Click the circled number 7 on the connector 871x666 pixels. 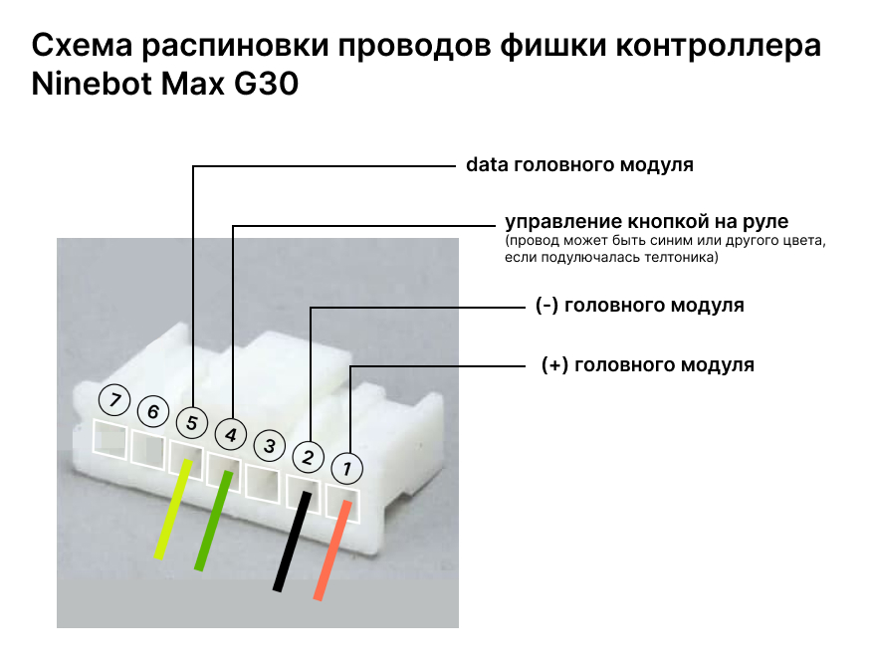click(x=115, y=402)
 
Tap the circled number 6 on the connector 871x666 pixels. click(x=153, y=411)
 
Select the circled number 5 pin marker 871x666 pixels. click(x=191, y=423)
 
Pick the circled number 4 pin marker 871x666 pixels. click(x=230, y=435)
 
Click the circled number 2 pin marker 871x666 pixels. click(x=309, y=457)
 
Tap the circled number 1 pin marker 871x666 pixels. click(x=346, y=467)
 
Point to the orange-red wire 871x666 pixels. click(x=332, y=551)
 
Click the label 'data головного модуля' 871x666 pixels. click(x=579, y=165)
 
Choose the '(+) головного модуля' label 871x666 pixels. click(x=647, y=364)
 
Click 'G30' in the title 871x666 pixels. click(x=266, y=85)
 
